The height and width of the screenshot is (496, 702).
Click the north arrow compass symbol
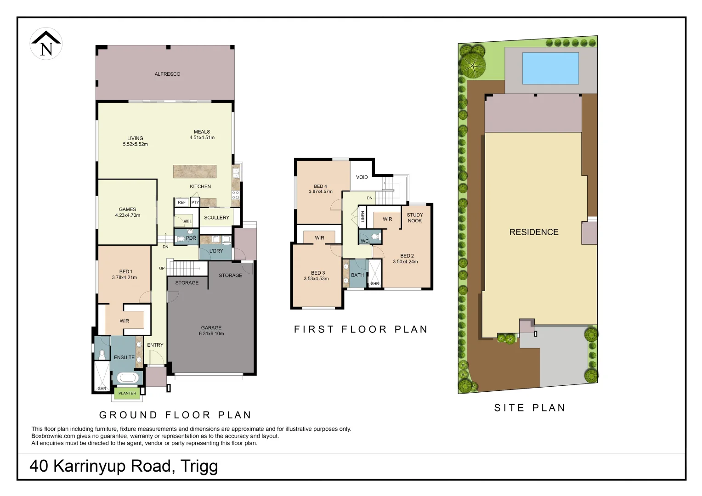pyautogui.click(x=46, y=44)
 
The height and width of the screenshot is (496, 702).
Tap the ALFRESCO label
pyautogui.click(x=167, y=74)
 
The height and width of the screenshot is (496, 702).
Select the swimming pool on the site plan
pyautogui.click(x=550, y=68)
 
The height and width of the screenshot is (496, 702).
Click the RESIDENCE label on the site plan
pyautogui.click(x=533, y=232)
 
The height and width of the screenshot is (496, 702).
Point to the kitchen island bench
pyautogui.click(x=195, y=171)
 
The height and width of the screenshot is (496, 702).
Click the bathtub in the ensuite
pyautogui.click(x=127, y=378)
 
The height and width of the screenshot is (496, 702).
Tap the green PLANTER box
pyautogui.click(x=127, y=393)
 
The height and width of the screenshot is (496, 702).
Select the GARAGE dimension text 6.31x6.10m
pyautogui.click(x=211, y=334)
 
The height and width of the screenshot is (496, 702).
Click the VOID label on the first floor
pyautogui.click(x=362, y=177)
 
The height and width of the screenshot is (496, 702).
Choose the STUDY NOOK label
pyautogui.click(x=414, y=218)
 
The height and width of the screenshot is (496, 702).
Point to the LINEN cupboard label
pyautogui.click(x=362, y=216)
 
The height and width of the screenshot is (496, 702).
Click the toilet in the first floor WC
pyautogui.click(x=375, y=237)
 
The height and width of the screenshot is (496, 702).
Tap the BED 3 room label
pyautogui.click(x=317, y=273)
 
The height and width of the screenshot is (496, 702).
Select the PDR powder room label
pyautogui.click(x=191, y=238)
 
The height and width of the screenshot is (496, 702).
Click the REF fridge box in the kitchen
pyautogui.click(x=182, y=202)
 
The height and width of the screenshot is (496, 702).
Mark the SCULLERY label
pyautogui.click(x=216, y=218)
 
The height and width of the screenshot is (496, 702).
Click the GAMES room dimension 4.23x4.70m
pyautogui.click(x=128, y=215)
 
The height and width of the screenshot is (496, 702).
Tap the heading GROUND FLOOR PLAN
pyautogui.click(x=175, y=415)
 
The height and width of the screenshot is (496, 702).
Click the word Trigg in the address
pyautogui.click(x=199, y=466)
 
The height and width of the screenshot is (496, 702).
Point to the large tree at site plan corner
pyautogui.click(x=473, y=65)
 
